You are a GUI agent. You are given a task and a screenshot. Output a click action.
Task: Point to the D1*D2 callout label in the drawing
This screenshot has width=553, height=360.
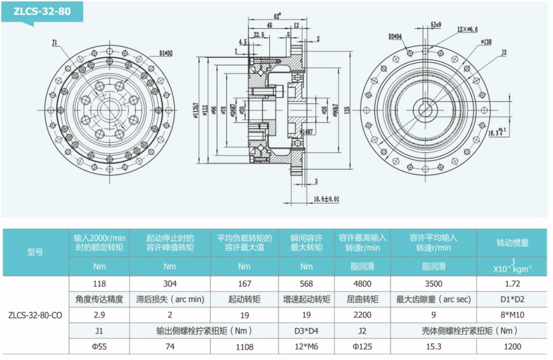click(166, 53)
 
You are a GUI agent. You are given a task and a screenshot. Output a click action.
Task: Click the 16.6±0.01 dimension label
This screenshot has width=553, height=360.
click(326, 199)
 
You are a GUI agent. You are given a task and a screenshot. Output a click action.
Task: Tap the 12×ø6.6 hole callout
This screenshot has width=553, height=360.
click(467, 29)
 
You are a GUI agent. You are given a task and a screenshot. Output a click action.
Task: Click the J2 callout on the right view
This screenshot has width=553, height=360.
click(504, 52)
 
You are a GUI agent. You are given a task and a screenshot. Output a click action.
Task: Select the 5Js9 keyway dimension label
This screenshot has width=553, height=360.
click(435, 25)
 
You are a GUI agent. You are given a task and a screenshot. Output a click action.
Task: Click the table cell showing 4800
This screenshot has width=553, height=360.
click(362, 284)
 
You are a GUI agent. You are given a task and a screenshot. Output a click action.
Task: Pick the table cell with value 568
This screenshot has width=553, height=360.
click(306, 284)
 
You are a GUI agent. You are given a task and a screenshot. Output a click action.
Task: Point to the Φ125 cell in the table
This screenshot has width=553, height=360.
click(362, 346)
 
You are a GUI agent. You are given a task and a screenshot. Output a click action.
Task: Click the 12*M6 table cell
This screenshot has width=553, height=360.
click(306, 346)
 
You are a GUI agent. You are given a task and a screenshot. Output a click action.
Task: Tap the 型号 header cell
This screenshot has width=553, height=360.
click(35, 252)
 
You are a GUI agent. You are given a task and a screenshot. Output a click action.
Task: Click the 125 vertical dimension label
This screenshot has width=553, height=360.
click(348, 111)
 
